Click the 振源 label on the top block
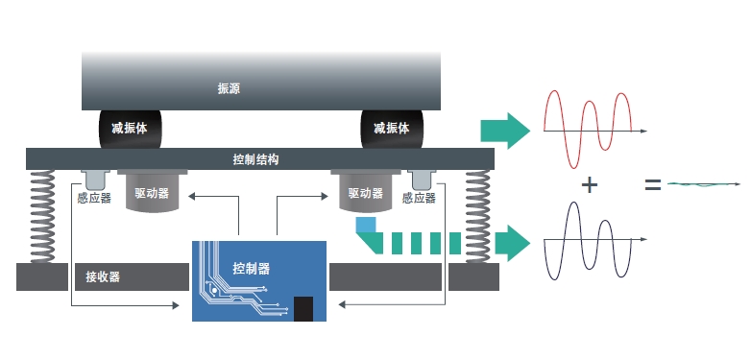[229, 89]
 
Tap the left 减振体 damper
[130, 128]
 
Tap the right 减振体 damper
[391, 128]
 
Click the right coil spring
[476, 215]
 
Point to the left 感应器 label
[94, 199]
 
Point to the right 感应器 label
[420, 199]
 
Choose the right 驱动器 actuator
[365, 193]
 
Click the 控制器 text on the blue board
[252, 268]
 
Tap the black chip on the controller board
[303, 308]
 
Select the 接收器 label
[103, 277]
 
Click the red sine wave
[588, 124]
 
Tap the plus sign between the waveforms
[591, 184]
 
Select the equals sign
[653, 184]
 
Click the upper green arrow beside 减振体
[505, 130]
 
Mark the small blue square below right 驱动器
[365, 226]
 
